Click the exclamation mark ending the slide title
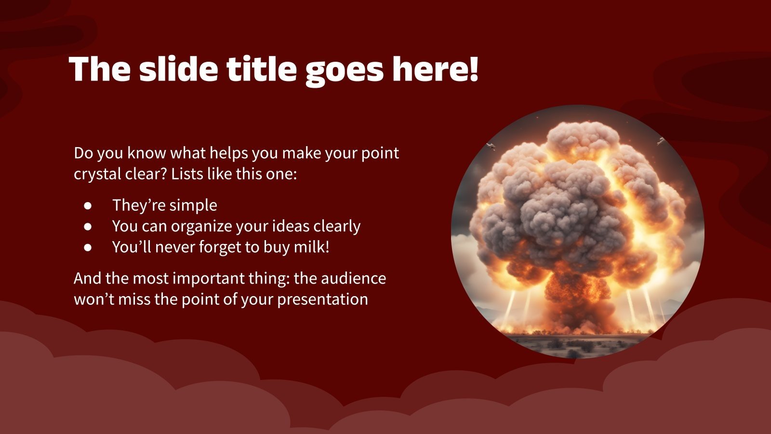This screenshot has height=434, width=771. point(473,69)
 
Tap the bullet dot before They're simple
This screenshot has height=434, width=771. point(88,205)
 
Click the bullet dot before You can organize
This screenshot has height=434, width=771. point(88,226)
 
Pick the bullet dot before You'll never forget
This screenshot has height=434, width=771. point(88,247)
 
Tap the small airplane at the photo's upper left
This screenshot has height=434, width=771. point(491,146)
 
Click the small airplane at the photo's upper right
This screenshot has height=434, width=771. point(661,141)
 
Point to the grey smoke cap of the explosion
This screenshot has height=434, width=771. point(569,203)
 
